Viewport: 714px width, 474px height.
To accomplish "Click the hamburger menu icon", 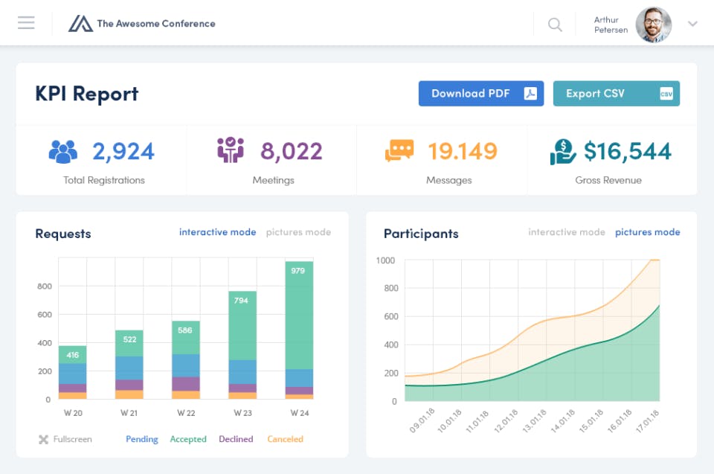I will click(x=26, y=23).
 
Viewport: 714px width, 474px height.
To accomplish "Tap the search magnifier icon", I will click(x=555, y=25).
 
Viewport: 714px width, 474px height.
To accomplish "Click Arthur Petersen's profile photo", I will click(x=654, y=25).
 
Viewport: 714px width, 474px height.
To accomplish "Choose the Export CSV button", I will click(x=616, y=94).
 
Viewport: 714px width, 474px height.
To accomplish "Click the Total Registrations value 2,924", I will click(x=123, y=152).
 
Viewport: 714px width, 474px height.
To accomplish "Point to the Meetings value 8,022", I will click(x=291, y=152).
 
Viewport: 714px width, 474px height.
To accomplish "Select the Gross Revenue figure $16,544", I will click(x=627, y=152).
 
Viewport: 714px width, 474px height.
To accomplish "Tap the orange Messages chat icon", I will click(x=399, y=151).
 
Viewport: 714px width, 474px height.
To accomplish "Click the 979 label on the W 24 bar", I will click(x=298, y=271).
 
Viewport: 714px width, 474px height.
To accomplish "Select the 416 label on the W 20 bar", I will click(x=73, y=356).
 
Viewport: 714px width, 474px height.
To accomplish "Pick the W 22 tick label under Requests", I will click(x=186, y=413).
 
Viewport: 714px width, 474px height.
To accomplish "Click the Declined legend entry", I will click(x=236, y=439).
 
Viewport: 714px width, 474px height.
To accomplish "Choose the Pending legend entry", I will click(x=141, y=439).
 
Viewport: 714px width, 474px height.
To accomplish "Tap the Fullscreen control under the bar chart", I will click(x=65, y=439).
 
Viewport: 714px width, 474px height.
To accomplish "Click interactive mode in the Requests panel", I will click(x=217, y=232).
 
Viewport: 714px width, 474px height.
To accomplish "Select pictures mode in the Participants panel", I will click(x=647, y=232).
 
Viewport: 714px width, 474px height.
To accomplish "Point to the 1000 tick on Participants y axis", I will click(x=386, y=260).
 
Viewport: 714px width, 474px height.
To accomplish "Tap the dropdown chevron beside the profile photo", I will click(x=692, y=24).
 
